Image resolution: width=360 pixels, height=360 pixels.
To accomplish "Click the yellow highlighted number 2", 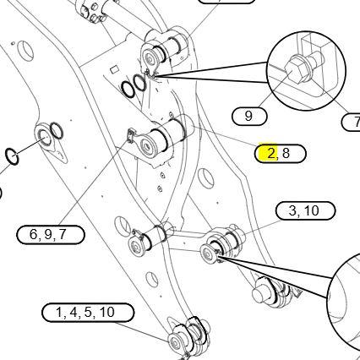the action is pyautogui.click(x=270, y=154).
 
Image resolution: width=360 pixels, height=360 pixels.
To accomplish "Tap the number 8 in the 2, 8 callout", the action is pyautogui.click(x=286, y=153).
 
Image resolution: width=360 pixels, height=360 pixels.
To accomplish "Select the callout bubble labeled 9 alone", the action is pyautogui.click(x=249, y=117).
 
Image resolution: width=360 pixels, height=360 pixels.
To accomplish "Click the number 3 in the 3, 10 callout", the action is pyautogui.click(x=292, y=210).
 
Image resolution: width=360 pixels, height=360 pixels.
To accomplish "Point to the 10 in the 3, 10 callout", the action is pyautogui.click(x=311, y=210).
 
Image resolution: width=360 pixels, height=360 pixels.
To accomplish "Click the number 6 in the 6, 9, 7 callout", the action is pyautogui.click(x=33, y=234).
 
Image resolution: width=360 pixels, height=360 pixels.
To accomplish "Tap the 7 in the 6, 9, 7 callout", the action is pyautogui.click(x=63, y=234).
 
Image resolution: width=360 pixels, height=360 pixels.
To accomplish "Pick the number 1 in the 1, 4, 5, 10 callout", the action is pyautogui.click(x=59, y=313).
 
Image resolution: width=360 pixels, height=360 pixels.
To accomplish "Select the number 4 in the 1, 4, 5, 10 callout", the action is pyautogui.click(x=74, y=313).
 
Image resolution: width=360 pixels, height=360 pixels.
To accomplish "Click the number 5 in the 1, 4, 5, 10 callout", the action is pyautogui.click(x=88, y=313).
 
